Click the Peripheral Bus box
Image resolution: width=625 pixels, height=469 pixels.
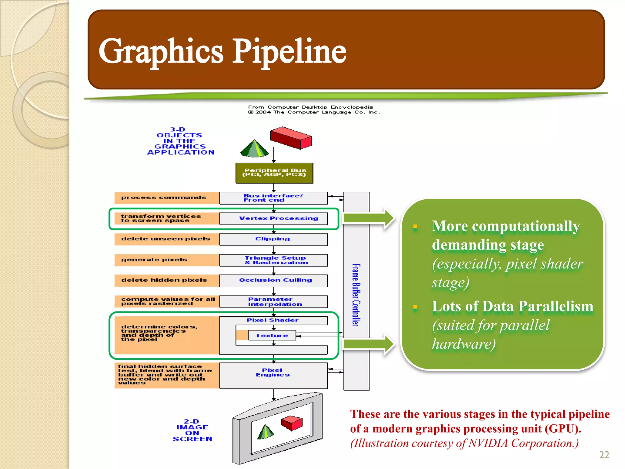274,173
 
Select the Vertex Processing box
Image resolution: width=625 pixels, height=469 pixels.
273,219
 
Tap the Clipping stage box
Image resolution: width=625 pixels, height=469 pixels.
273,239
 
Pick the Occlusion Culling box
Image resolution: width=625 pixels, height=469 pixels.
273,280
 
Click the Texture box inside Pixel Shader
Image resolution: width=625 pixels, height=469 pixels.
272,335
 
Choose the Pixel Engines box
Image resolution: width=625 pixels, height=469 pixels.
273,375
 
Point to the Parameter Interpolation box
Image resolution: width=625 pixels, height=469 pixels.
273,302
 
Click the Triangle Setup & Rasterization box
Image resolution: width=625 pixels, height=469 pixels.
273,260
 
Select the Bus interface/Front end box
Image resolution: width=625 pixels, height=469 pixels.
273,198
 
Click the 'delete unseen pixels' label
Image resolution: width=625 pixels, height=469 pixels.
166,239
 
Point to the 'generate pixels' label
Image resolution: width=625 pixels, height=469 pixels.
154,260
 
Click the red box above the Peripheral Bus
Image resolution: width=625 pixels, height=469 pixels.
291,138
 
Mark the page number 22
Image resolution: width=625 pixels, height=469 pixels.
604,455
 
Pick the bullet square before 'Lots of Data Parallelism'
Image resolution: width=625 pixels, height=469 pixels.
415,307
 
